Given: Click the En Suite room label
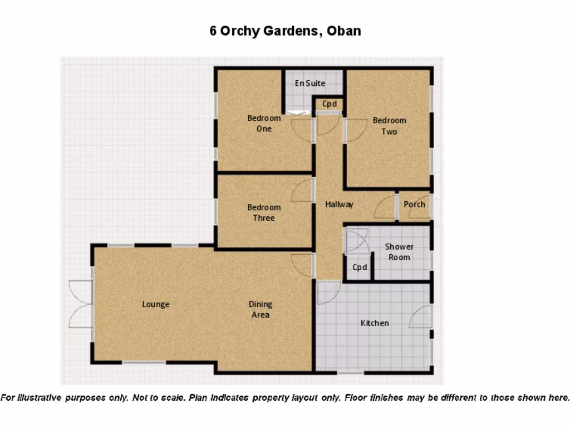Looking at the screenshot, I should coord(310,84).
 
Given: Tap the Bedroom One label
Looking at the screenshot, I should coord(264,123).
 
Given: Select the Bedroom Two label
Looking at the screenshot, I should coord(389,126).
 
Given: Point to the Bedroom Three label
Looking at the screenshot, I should coord(264,212).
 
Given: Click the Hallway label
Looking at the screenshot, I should coord(339,205).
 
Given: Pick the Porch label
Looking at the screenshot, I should coord(414,204).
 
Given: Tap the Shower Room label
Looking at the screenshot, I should coord(399,252).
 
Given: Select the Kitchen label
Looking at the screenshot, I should coord(375,323).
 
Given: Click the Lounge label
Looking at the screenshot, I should coord(155,304).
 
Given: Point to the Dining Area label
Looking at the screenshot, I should coord(261,309).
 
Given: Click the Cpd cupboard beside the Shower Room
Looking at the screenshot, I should coord(360,267).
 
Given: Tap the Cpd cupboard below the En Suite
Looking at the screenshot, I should coord(330,104).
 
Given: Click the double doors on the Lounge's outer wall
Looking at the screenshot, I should coord(80,304).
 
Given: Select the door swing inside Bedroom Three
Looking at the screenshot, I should coord(302,191).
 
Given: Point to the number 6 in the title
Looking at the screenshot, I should coord(213,31).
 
